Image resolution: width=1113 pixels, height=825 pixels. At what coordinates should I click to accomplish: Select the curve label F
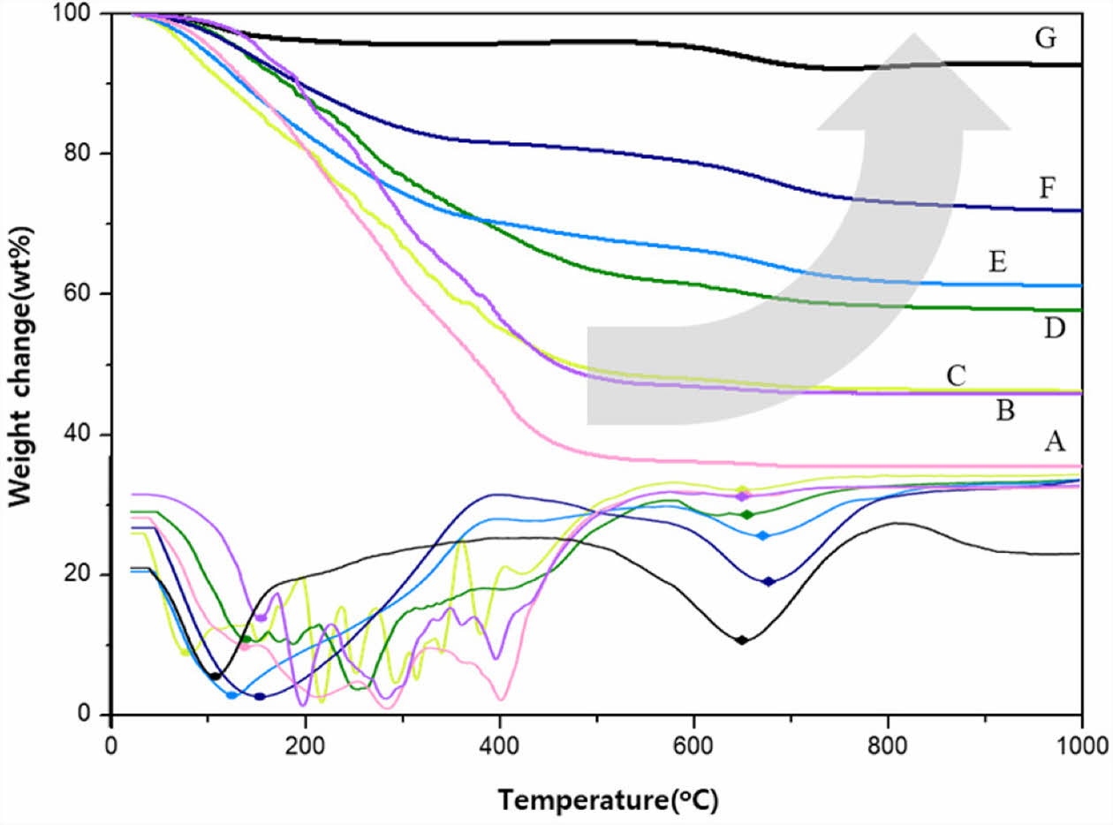[1048, 187]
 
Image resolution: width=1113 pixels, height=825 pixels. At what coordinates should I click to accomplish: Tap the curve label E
[998, 261]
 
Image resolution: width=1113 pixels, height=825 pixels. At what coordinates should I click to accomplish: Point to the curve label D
[1054, 329]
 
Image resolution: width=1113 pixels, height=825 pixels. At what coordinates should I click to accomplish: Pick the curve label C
[955, 375]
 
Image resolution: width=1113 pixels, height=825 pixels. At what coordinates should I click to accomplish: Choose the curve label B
[1004, 410]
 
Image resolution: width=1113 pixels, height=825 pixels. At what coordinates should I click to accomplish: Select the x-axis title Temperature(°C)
[609, 801]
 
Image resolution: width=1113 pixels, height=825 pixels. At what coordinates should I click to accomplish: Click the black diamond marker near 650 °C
[742, 640]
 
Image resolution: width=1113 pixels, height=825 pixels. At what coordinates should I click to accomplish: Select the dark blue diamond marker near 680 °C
[768, 581]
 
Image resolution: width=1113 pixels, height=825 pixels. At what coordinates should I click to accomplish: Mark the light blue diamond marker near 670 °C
[763, 535]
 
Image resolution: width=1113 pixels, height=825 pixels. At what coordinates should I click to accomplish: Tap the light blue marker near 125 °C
[231, 695]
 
